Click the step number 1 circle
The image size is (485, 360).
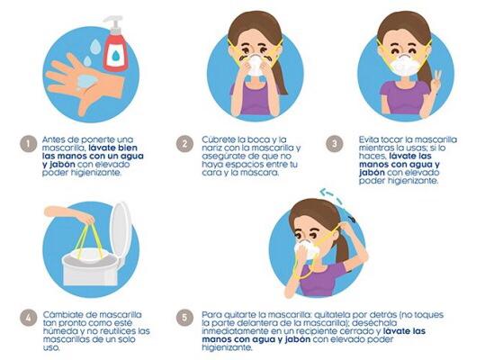tap(29, 144)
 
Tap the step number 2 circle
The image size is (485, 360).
tap(184, 144)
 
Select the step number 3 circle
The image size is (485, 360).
tap(335, 144)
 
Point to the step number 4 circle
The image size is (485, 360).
tap(29, 318)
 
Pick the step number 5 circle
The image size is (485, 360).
tap(184, 318)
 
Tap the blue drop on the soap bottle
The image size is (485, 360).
tap(116, 56)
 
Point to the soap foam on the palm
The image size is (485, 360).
tap(87, 82)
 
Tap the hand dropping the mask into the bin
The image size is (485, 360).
tap(68, 214)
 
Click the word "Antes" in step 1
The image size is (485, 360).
tap(53, 139)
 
